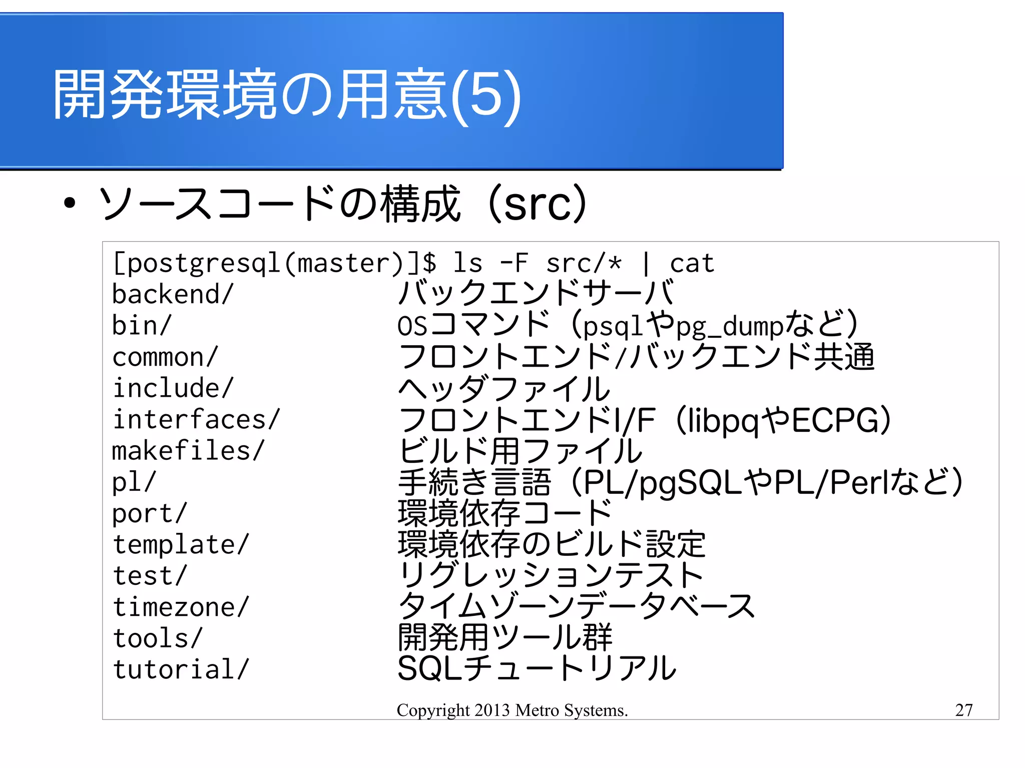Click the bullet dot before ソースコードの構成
pos(70,203)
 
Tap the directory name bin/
pos(142,325)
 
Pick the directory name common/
pos(165,357)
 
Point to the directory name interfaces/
pos(196,419)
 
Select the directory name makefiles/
pos(188,450)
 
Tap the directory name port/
pos(149,513)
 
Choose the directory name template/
pos(180,544)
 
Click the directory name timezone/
pos(180,607)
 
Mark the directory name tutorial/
pos(180,669)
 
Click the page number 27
pos(963,709)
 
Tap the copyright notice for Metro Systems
pos(512,710)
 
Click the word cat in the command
pos(692,263)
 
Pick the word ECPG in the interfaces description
pos(834,420)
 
